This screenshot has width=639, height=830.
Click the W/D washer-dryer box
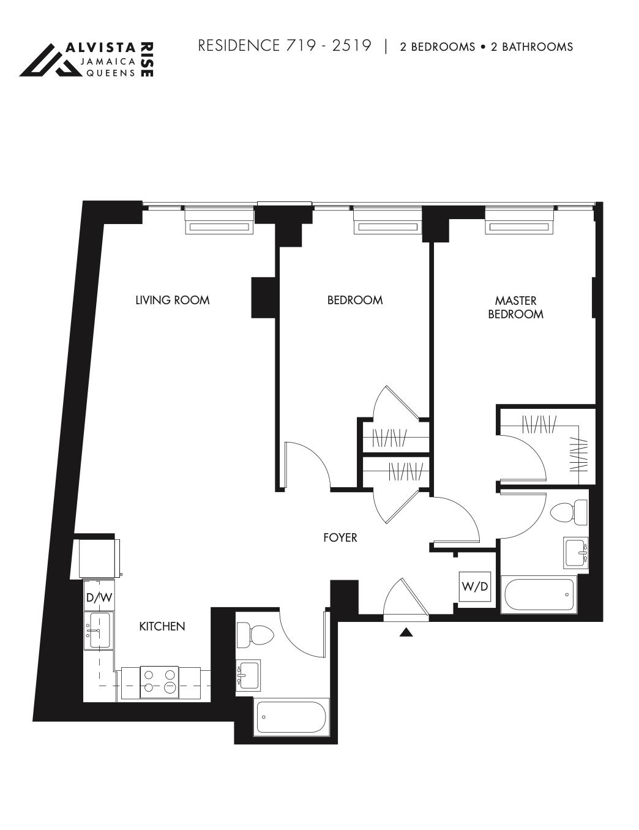[x=475, y=586]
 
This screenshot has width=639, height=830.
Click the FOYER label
[x=340, y=538]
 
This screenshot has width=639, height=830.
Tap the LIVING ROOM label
[x=173, y=300]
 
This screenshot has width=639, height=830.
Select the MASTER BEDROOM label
[x=515, y=307]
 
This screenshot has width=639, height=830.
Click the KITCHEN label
[x=162, y=626]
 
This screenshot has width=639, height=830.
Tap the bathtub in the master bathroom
[x=539, y=595]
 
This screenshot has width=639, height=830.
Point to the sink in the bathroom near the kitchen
[x=248, y=676]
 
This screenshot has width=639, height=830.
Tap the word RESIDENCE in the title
[x=239, y=46]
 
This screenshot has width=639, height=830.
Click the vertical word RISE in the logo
[x=148, y=59]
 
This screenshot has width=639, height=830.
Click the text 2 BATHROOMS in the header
[x=532, y=47]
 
